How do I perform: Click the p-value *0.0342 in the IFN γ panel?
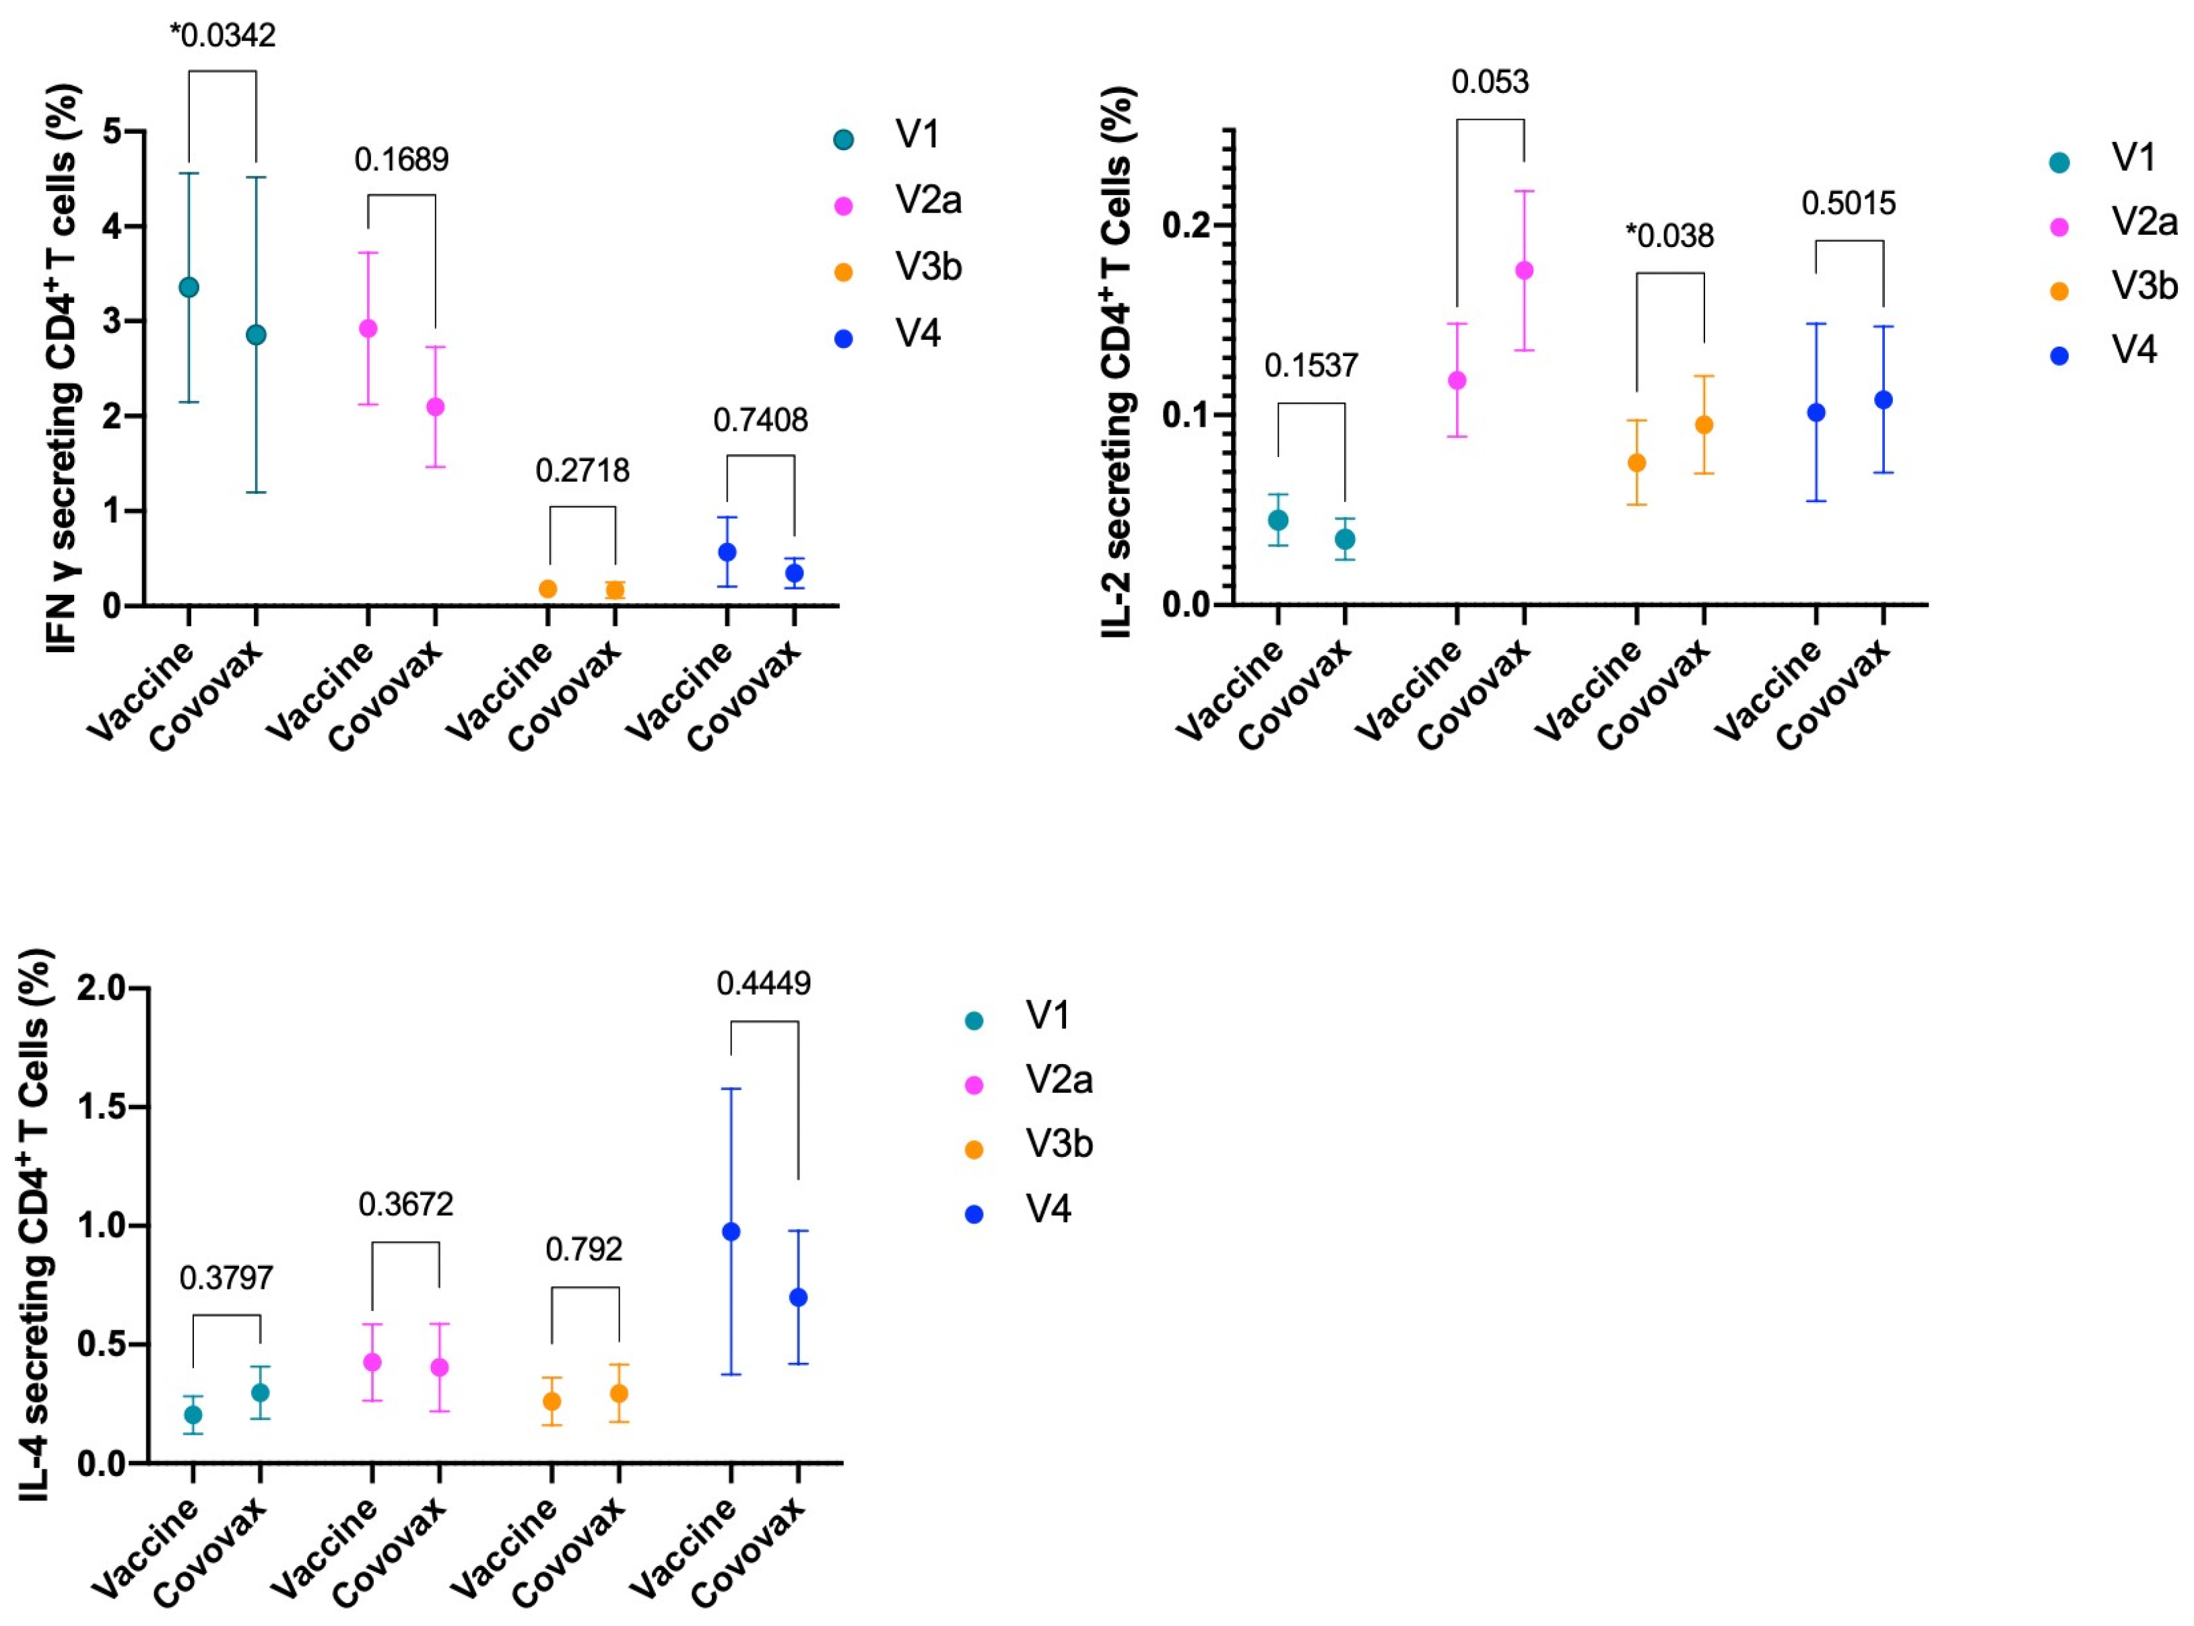tap(222, 36)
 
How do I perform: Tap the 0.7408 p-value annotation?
tap(760, 420)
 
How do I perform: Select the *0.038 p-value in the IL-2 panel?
tap(1669, 236)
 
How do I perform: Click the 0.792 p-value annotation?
tap(584, 1249)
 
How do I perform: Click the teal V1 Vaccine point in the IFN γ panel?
tap(189, 287)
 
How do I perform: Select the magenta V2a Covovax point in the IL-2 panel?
tap(1523, 271)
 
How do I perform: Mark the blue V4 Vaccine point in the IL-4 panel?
tap(731, 1232)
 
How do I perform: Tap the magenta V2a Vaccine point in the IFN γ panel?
tap(368, 328)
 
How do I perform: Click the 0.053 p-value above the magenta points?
tap(1490, 81)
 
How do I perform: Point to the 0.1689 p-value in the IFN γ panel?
tap(401, 160)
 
